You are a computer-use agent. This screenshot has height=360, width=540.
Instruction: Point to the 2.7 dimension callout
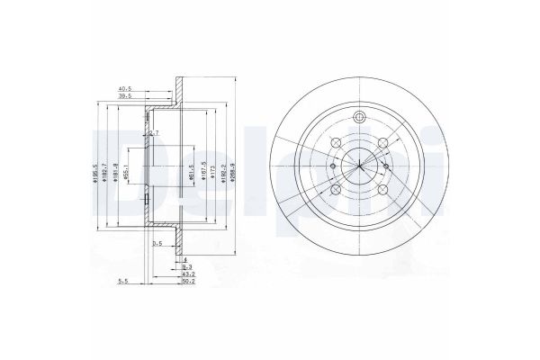tap(153, 134)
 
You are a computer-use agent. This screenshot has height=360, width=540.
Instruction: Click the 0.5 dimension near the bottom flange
tap(157, 243)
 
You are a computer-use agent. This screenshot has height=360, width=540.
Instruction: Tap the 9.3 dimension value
tap(186, 266)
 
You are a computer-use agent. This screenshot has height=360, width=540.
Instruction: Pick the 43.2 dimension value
tap(188, 274)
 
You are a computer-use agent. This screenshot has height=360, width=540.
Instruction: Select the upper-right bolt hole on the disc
tap(383, 141)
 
